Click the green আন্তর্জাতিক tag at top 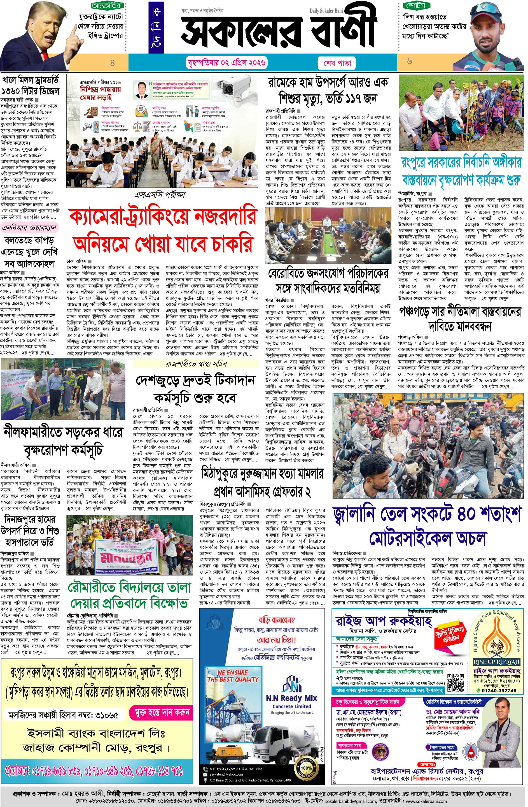[x=107, y=6]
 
